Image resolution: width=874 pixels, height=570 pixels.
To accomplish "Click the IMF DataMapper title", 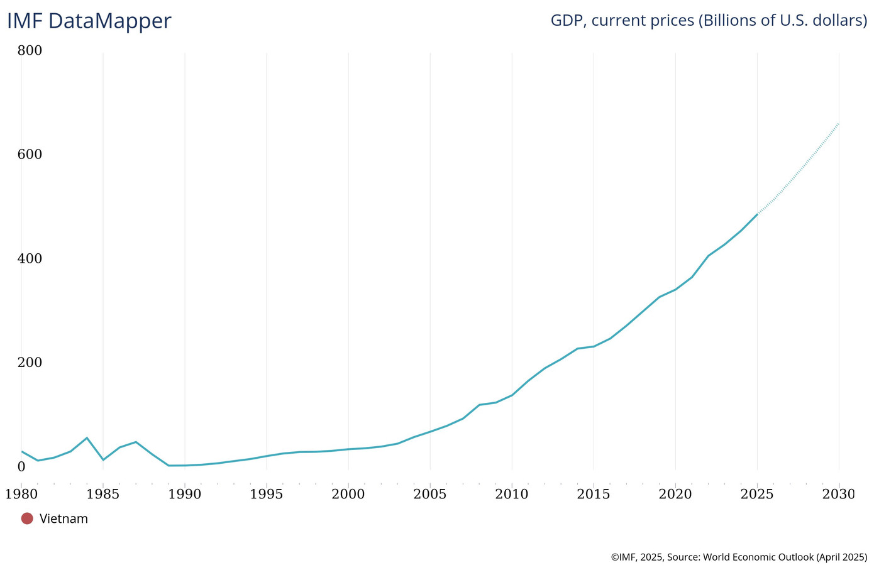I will pyautogui.click(x=89, y=21).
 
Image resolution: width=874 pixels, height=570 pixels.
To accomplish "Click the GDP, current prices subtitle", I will pyautogui.click(x=709, y=20).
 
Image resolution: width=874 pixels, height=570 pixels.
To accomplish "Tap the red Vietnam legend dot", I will pyautogui.click(x=27, y=518).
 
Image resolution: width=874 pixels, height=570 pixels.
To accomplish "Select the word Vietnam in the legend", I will pyautogui.click(x=64, y=518).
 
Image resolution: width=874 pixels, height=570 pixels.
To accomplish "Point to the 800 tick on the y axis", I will pyautogui.click(x=30, y=50).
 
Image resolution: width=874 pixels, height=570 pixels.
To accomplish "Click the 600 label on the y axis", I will pyautogui.click(x=30, y=155).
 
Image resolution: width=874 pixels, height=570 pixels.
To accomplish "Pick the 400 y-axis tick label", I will pyautogui.click(x=30, y=259).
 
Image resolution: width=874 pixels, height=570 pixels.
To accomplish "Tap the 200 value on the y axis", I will pyautogui.click(x=30, y=363).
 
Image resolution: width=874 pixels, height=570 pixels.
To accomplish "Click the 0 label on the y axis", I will pyautogui.click(x=21, y=466).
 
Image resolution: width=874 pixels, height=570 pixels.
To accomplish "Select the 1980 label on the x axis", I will pyautogui.click(x=21, y=494).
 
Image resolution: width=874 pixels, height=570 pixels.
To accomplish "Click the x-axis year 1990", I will pyautogui.click(x=185, y=494).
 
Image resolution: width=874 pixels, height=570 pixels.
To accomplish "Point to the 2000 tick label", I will pyautogui.click(x=348, y=494).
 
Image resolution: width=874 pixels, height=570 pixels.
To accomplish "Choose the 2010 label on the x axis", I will pyautogui.click(x=512, y=494).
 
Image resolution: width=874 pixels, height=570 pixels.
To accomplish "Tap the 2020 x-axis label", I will pyautogui.click(x=675, y=494).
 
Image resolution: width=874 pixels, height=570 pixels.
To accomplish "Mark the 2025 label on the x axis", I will pyautogui.click(x=757, y=494).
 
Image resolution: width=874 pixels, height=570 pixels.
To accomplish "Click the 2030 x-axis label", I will pyautogui.click(x=839, y=494).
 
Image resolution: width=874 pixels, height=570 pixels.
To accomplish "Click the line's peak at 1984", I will pyautogui.click(x=87, y=437).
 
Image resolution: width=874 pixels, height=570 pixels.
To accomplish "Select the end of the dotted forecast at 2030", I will pyautogui.click(x=839, y=124).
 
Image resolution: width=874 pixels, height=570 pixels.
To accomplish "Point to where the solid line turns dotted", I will pyautogui.click(x=757, y=214).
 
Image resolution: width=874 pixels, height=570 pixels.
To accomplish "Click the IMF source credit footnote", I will pyautogui.click(x=739, y=557).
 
